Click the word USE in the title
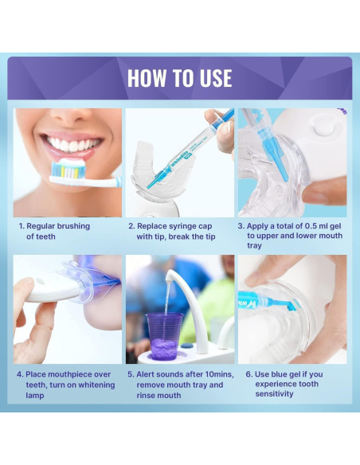(x=216, y=78)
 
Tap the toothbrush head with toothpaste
(x=68, y=170)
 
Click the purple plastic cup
(x=165, y=336)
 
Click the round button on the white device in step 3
(x=324, y=128)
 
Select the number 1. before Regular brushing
(x=22, y=226)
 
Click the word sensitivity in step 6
(x=274, y=394)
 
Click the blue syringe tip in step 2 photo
(x=155, y=181)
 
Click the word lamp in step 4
(x=35, y=396)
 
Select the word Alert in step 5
(x=145, y=374)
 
